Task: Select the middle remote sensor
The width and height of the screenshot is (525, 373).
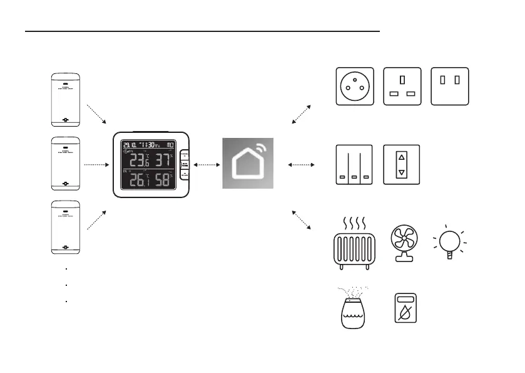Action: (x=66, y=164)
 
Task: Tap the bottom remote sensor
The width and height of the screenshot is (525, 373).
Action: (x=66, y=228)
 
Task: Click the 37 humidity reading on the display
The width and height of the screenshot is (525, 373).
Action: (x=164, y=160)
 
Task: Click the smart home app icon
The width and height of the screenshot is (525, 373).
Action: (x=248, y=164)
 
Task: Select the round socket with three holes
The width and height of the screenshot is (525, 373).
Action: (x=355, y=87)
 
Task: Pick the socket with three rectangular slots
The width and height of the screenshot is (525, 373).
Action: (x=402, y=87)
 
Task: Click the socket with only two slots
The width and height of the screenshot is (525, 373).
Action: (x=450, y=87)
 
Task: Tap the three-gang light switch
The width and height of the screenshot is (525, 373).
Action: (x=354, y=164)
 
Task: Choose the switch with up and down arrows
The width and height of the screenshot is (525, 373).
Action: (x=401, y=164)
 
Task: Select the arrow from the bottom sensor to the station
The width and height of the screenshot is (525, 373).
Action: (x=97, y=221)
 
